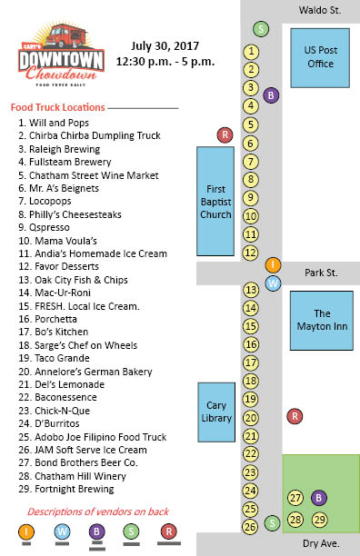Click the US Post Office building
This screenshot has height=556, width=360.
320,57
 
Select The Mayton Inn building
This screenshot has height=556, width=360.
320,320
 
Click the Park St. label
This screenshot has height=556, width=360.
321,273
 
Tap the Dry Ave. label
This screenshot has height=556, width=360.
321,542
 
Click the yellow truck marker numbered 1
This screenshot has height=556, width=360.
252,51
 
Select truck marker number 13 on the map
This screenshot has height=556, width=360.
252,290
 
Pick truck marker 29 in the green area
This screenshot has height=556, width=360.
319,519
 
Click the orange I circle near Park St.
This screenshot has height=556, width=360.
273,264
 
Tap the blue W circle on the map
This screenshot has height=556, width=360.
273,283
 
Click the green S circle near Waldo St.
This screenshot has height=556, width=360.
262,29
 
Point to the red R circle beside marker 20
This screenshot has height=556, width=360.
295,416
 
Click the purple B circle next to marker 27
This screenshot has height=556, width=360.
318,497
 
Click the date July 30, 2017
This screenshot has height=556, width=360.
165,45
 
